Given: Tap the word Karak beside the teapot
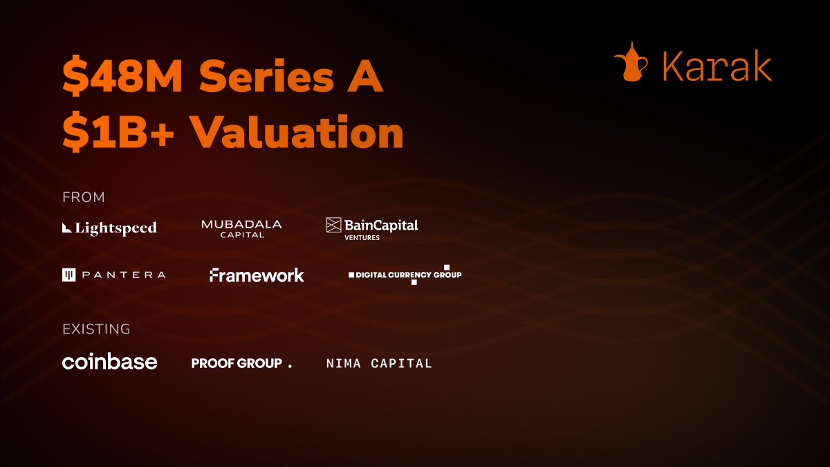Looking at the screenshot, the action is (717, 66).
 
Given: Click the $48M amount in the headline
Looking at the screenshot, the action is (122, 75).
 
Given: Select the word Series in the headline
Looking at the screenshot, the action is (266, 76).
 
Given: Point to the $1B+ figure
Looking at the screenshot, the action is (118, 131).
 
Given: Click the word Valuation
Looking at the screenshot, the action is (298, 131).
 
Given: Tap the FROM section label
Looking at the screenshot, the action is (84, 197).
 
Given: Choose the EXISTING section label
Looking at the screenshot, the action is (96, 329).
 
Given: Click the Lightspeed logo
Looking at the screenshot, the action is (110, 228).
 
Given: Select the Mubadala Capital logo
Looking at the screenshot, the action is (241, 229).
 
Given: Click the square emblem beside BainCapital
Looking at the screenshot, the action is (333, 225).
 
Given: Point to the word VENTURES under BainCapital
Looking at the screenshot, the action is (362, 237).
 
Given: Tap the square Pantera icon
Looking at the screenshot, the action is (69, 275).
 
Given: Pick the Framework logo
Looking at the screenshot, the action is (257, 275).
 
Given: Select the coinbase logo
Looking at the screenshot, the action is (110, 361).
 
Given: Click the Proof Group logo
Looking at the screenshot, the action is (241, 363).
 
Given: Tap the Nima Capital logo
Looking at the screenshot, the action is (379, 363).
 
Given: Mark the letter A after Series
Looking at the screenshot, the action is (365, 75).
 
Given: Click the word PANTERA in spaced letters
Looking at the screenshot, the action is (124, 275).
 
